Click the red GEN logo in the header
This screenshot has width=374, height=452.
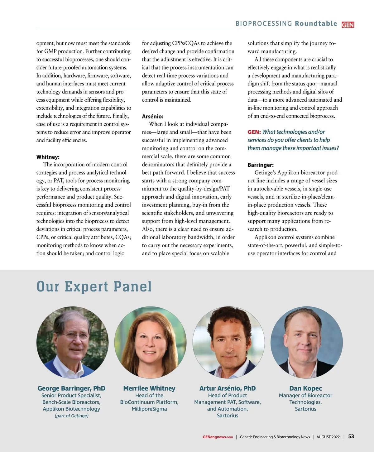(348, 25)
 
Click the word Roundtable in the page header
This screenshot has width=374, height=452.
(316, 24)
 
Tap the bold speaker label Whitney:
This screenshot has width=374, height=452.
(48, 157)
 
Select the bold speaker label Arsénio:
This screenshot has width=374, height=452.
(153, 116)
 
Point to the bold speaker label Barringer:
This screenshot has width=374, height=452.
(261, 165)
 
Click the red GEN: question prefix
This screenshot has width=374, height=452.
(254, 132)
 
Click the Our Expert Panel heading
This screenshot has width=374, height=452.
(94, 286)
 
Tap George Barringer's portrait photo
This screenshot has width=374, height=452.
(72, 342)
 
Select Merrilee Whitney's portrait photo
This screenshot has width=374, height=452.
(150, 342)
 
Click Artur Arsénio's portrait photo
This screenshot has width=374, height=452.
(228, 342)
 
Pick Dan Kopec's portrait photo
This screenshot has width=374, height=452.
(306, 342)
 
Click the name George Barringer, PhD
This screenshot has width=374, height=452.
(71, 388)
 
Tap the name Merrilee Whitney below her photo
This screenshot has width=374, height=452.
(149, 388)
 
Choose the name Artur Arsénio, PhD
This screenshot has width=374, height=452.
(228, 388)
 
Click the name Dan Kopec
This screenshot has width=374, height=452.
(305, 388)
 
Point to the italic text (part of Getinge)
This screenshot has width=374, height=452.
(71, 416)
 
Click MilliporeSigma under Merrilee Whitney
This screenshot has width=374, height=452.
(149, 409)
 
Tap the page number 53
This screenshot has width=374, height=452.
(351, 436)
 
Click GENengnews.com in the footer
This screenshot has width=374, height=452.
(218, 437)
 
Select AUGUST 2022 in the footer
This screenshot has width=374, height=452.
(328, 437)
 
